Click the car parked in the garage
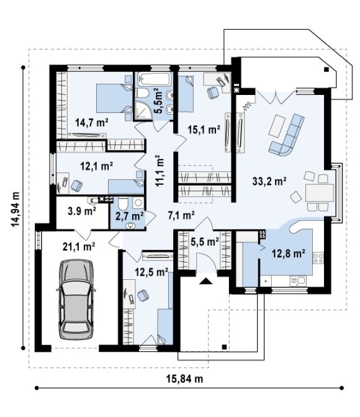click(x=76, y=299)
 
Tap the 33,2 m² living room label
click(x=269, y=181)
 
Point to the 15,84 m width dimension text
click(x=185, y=378)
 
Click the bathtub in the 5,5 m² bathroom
click(x=154, y=79)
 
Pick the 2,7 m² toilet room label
click(x=130, y=216)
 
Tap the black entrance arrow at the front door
click(x=206, y=280)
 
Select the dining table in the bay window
click(x=319, y=192)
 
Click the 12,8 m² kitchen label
click(x=288, y=253)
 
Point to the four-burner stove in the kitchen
click(x=318, y=258)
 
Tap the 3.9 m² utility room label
click(x=82, y=212)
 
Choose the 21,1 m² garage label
click(x=79, y=246)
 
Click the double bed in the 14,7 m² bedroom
click(x=114, y=98)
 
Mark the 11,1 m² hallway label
click(x=160, y=171)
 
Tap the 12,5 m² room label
click(x=151, y=272)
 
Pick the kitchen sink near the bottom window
click(x=298, y=281)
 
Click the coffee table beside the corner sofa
click(x=277, y=125)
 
